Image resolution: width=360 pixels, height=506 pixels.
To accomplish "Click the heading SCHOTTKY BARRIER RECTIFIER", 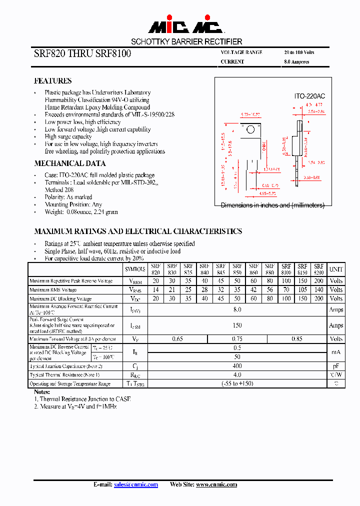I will coord(186,42).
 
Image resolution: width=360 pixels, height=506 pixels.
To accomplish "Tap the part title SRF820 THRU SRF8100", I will coord(82,54).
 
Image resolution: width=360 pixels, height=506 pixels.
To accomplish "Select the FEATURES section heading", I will coord(52,80).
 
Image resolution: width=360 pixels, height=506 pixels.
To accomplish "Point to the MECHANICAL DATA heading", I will coord(69,163).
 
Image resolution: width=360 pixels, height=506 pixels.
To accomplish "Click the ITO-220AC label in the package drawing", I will coord(309,95).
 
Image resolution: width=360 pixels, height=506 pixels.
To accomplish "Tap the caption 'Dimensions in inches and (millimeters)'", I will coord(272,205).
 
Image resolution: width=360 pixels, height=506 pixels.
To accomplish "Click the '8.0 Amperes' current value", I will coord(296,62).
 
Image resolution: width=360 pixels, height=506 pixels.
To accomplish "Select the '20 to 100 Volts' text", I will coord(299,52).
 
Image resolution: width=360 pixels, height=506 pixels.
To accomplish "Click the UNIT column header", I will coord(336,269).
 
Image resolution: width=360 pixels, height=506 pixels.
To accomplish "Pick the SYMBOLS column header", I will coord(135,269).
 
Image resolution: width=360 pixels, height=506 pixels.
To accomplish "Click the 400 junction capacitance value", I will coord(237,366).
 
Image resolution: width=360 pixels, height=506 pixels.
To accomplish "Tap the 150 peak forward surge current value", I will coord(237,325).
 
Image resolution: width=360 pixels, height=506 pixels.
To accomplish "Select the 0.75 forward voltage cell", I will coord(237,339).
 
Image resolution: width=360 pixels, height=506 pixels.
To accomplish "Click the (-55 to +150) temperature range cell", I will coord(237,384).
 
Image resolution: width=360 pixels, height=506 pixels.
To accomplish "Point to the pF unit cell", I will coord(336,366).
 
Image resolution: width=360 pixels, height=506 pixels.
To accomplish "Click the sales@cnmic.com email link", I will coord(136,484).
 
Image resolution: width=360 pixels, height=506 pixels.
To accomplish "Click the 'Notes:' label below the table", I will coord(42,392).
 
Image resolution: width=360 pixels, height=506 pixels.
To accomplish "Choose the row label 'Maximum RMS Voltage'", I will coord(53,289).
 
